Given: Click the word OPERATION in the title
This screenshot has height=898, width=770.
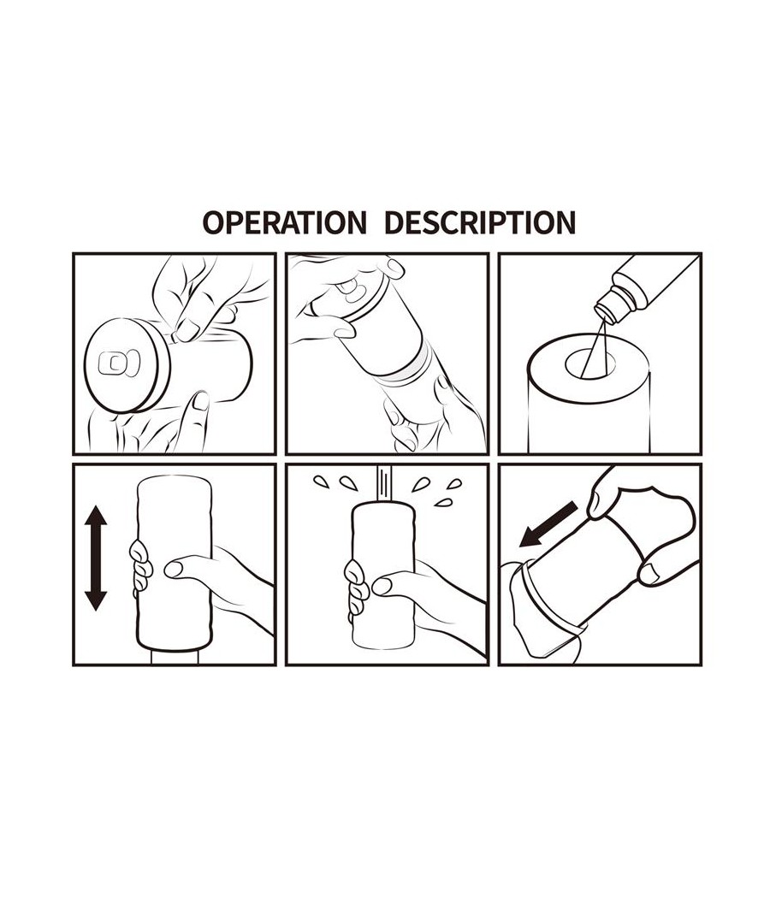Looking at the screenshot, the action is click(x=285, y=222).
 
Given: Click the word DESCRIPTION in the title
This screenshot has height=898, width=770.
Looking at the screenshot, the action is click(x=480, y=222).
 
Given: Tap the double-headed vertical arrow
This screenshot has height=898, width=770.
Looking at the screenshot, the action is click(x=96, y=558).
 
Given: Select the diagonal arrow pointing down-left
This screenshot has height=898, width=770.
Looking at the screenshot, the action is click(x=548, y=524).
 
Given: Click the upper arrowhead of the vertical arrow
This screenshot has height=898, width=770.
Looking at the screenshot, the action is click(x=96, y=516).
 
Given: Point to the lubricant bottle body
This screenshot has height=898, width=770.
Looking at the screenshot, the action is click(x=659, y=281).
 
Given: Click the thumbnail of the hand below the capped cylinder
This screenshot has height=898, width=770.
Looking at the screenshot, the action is click(x=200, y=400).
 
